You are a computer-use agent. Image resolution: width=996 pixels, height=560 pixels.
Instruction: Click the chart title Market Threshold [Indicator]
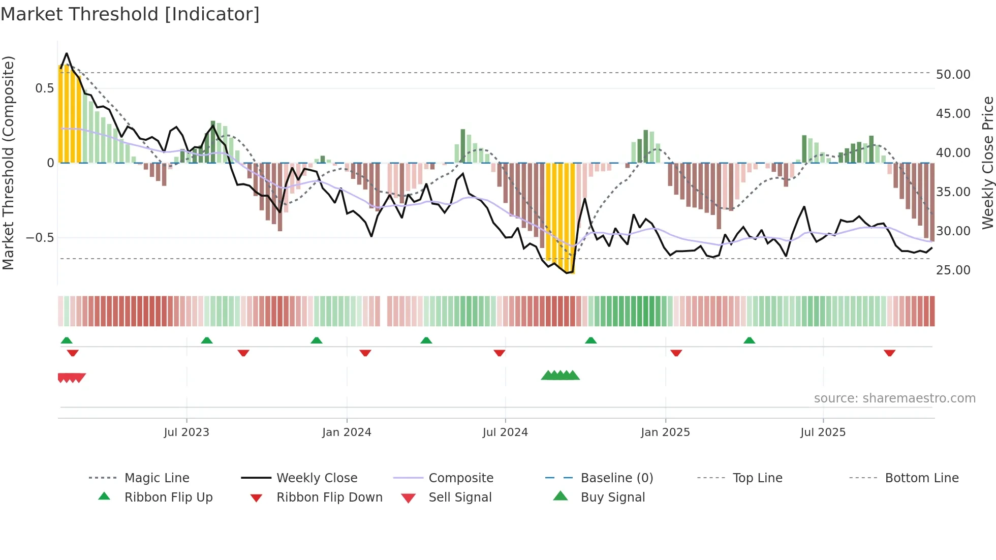coord(130,14)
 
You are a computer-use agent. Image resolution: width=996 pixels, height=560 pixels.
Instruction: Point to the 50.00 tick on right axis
coord(953,75)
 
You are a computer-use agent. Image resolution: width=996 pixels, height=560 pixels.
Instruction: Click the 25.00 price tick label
coord(953,270)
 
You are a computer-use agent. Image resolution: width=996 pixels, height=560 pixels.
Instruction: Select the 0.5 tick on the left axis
coord(44,88)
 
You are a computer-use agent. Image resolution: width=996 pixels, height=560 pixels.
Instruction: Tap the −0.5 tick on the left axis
coord(40,238)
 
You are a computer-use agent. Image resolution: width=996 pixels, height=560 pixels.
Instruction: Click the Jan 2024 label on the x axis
coord(347,432)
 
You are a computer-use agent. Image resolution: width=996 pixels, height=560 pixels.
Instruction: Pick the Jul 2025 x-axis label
coord(823,432)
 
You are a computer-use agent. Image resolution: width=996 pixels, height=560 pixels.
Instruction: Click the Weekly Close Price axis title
coord(987,163)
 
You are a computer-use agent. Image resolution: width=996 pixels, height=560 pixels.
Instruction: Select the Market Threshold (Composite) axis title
coord(8,163)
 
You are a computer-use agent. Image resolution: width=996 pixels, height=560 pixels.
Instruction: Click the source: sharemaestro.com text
coord(894,398)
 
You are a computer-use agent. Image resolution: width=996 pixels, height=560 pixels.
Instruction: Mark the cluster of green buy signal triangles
coord(560,376)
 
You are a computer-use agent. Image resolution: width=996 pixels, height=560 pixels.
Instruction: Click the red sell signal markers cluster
coord(71,378)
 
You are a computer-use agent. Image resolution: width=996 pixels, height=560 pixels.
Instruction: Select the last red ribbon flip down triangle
coord(889,353)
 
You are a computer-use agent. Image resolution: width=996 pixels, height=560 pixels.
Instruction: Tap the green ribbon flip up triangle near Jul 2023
coord(206,340)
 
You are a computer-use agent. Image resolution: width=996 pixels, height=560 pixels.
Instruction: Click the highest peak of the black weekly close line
coord(67,53)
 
